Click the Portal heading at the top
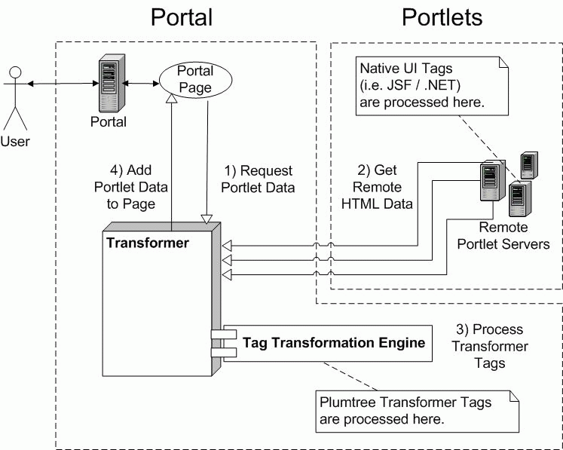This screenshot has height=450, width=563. tap(182, 17)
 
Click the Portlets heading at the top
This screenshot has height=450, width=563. tap(442, 17)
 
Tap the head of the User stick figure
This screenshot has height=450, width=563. tap(15, 72)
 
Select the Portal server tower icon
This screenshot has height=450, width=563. tap(112, 84)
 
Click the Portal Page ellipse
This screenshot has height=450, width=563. tap(196, 80)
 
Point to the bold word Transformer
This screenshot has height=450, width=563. tap(148, 243)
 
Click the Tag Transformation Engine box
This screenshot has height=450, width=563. tap(328, 343)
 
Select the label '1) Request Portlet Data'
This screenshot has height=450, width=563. tap(258, 179)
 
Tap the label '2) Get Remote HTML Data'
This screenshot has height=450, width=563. tap(377, 187)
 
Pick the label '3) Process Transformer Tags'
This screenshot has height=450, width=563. tap(490, 346)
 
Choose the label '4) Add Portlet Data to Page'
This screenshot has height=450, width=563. tap(130, 187)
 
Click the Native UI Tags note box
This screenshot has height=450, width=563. tap(432, 86)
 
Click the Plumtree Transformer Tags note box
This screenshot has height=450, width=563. tap(418, 412)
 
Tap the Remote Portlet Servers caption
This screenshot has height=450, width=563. tap(503, 236)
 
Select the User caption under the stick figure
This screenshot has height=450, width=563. tap(15, 142)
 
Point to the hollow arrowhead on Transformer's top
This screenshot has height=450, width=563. tap(207, 219)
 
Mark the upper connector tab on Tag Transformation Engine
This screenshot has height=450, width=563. tap(223, 335)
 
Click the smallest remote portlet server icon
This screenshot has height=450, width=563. tap(529, 165)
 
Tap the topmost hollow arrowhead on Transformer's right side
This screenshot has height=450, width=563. tap(227, 246)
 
